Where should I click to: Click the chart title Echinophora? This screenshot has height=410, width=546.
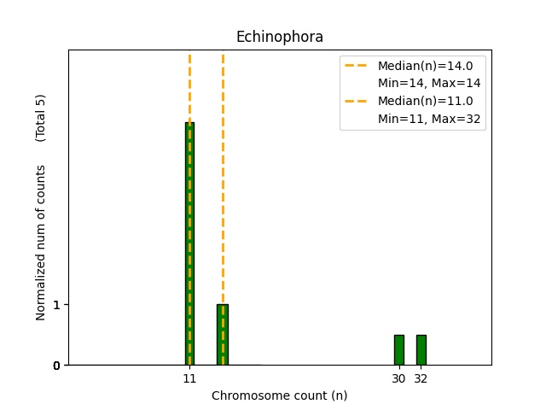coord(279,37)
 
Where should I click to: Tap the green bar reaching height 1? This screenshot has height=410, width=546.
coord(223,335)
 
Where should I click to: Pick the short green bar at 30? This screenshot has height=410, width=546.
coord(398,350)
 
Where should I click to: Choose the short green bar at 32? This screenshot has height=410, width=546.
coord(421,350)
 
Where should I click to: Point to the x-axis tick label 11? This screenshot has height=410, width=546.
coord(189,378)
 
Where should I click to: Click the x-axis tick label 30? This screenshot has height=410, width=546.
coord(398,378)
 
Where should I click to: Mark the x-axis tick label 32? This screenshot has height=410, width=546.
coord(421,378)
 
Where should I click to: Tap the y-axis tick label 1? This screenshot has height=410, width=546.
coord(56,305)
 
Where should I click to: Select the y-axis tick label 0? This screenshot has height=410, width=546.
coord(56,366)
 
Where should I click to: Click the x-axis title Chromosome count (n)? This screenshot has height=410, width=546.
coord(279,395)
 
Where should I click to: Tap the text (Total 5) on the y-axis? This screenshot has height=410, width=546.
coord(41,117)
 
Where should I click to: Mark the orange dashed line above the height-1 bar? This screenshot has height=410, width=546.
coord(223,171)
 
